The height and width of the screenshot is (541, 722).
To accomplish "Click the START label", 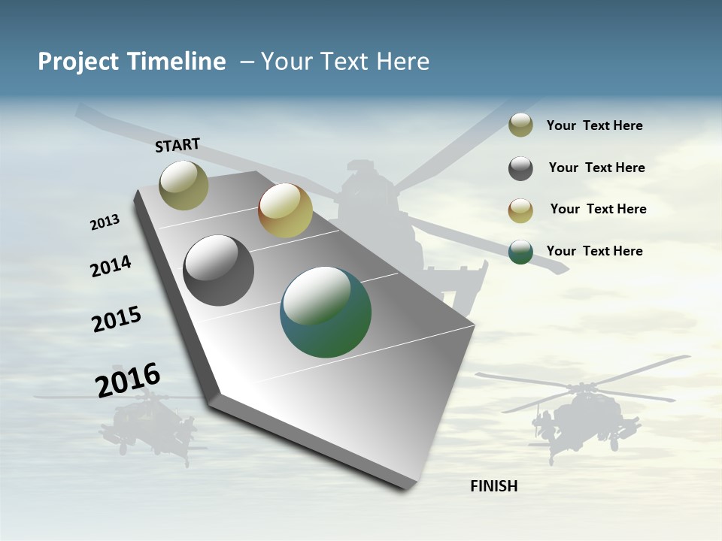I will point(177,145).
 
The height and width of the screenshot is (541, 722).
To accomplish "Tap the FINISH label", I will point(494,486).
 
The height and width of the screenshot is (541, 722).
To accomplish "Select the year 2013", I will point(105,222).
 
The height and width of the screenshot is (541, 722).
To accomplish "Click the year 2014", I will point(111,266).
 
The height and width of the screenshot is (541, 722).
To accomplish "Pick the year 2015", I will point(117,319).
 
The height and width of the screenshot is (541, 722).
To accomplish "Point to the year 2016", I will point(128,379).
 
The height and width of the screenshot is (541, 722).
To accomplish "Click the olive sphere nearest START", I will point(184,185).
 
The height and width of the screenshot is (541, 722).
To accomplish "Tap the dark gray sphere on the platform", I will point(218,270).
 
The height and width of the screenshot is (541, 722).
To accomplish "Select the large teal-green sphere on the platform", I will point(326,312).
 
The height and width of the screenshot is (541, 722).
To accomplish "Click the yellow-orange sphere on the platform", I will point(285,210).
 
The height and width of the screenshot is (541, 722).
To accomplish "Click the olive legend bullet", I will point(520,125).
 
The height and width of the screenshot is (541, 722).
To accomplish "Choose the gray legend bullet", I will point(520,168).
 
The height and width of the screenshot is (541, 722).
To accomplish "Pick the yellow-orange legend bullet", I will point(520,210).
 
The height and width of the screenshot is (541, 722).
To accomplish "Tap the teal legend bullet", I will point(520,252).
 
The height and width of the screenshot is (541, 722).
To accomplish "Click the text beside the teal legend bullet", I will point(595,251).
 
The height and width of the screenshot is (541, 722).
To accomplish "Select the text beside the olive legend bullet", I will point(595,125).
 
